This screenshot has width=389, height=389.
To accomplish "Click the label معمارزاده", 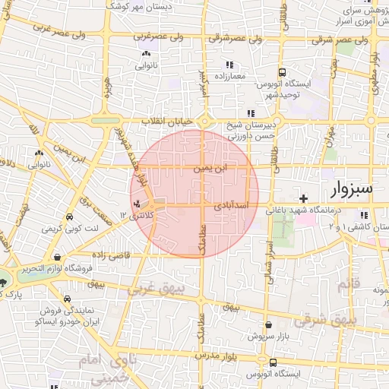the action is (230, 77).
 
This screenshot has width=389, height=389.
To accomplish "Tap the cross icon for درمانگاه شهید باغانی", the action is (303, 198).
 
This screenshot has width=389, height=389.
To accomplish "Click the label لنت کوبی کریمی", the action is (69, 228).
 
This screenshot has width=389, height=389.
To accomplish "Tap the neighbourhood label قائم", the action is (346, 286).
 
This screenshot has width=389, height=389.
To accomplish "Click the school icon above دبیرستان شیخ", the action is (251, 113).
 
